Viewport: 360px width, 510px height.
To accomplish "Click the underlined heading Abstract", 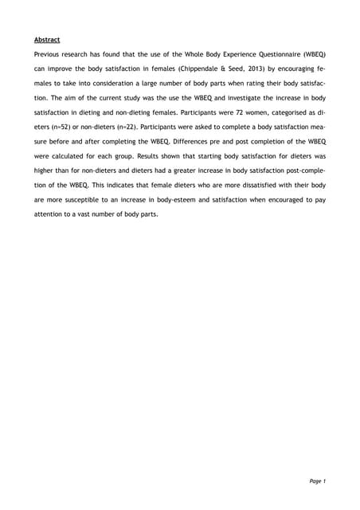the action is [48, 38].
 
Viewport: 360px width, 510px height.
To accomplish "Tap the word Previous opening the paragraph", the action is [51, 53].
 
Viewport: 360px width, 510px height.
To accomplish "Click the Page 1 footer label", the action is [317, 481].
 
